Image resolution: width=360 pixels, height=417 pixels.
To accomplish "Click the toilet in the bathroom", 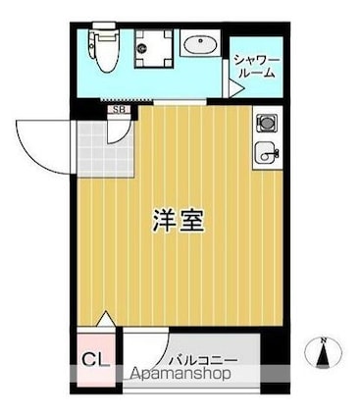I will point(102,49).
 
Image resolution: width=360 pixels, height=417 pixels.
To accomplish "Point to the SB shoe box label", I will point(119,110).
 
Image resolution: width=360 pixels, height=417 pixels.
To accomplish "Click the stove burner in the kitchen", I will point(264,124).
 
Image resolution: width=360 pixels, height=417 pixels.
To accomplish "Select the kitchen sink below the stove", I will point(264,153).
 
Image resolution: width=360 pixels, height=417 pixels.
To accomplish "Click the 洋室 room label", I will point(179,220).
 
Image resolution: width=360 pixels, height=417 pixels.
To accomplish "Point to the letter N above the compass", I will point(324,341).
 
